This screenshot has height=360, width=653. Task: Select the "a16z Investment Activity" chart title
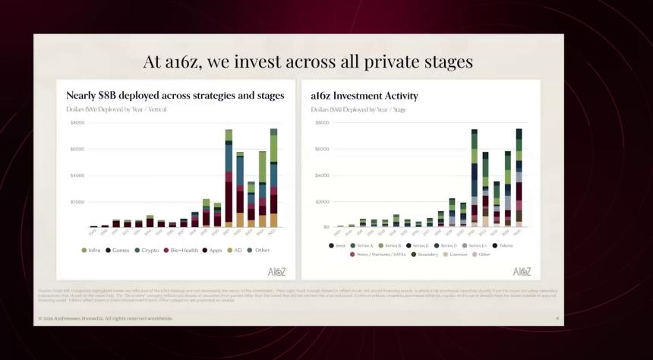click(364, 96)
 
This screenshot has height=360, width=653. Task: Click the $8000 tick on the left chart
click(77, 122)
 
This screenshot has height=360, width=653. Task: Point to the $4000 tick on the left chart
click(77, 175)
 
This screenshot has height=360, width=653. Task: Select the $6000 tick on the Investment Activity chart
click(321, 149)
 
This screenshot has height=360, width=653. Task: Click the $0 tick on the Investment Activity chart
click(325, 226)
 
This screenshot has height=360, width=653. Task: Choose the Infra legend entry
click(93, 250)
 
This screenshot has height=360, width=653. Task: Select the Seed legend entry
click(338, 245)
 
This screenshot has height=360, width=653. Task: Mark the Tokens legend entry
click(503, 245)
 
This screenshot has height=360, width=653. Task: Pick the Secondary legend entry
click(427, 254)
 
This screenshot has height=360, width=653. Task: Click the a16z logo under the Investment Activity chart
click(522, 271)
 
